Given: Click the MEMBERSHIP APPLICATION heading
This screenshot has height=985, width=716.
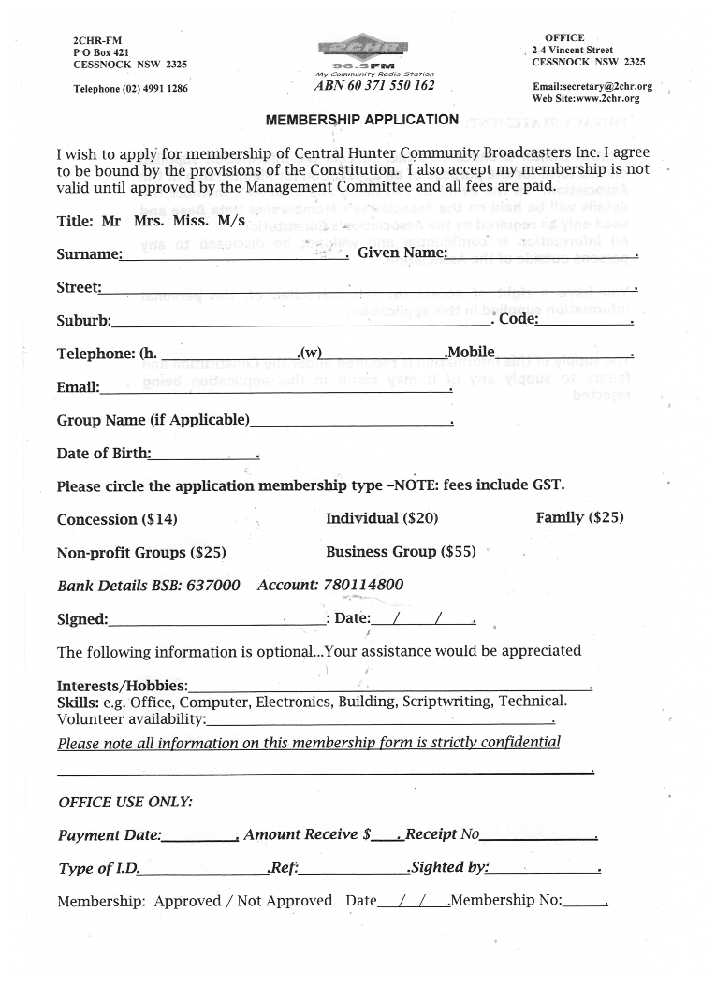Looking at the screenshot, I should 362,120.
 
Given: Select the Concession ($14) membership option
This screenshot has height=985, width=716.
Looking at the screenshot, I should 117,519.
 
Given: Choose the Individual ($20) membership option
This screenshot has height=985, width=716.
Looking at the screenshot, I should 382,518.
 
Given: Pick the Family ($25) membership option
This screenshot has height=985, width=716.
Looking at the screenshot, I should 579,517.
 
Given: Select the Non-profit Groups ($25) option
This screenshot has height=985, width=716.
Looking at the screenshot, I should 141,553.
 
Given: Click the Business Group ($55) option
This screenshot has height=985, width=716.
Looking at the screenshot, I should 400,552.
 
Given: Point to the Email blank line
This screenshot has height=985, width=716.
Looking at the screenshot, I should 275,388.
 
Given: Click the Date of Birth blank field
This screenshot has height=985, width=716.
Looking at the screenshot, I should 204,455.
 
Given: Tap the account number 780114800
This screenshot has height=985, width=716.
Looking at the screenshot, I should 363,585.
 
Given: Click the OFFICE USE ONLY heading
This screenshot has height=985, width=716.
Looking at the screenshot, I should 125,802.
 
